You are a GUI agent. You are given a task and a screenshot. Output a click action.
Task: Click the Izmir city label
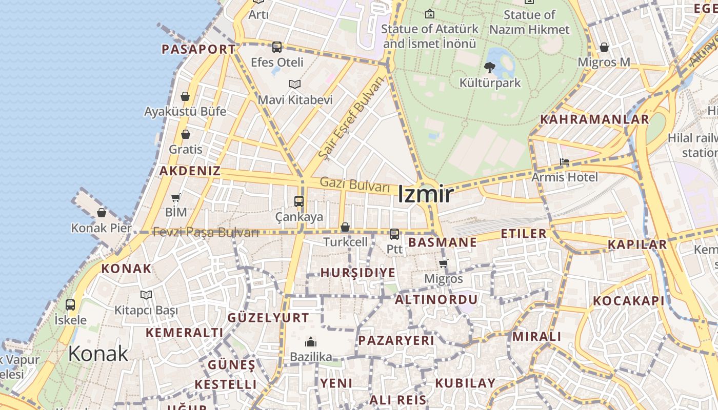(426, 195)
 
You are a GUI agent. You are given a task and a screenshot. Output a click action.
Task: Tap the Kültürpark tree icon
(490, 67)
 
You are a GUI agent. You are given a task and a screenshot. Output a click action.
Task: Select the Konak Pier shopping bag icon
(102, 213)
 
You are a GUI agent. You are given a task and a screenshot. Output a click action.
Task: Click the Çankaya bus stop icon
(299, 201)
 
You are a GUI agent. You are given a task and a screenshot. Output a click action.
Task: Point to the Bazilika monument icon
(311, 342)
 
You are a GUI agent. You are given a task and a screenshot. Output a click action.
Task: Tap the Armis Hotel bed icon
(565, 162)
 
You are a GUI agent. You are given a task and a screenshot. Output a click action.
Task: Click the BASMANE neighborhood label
(443, 242)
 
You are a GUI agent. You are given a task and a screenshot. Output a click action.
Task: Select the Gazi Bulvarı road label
(355, 184)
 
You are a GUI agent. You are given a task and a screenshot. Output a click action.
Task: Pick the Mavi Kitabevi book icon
(295, 84)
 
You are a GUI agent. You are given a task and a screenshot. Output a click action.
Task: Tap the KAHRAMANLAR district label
(594, 119)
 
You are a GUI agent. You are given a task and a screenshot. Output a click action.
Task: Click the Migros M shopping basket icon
(604, 48)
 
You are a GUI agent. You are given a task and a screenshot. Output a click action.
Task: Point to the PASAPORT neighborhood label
(198, 49)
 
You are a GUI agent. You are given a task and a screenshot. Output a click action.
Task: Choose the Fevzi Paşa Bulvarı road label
(206, 232)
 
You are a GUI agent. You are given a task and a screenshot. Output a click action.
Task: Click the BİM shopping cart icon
(176, 197)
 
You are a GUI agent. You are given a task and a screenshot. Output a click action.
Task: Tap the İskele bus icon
(70, 305)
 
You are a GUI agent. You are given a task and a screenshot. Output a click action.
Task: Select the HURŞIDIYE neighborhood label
(358, 273)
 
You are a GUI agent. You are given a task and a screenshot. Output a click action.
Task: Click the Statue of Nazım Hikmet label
(529, 22)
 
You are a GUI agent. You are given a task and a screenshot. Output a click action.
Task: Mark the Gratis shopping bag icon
(186, 135)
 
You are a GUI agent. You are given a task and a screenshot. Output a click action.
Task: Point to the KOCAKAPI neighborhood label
(629, 301)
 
